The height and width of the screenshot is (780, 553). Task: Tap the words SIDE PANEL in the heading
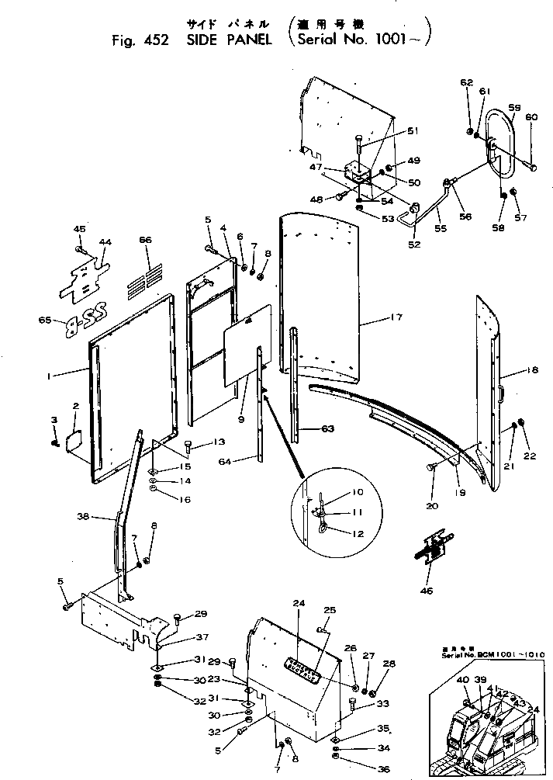228,41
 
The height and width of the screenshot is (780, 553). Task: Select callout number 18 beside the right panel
532,371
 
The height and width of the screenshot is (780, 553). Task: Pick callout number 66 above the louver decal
144,241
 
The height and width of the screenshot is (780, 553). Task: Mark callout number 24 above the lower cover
298,603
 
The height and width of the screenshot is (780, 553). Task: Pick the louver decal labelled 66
151,274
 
